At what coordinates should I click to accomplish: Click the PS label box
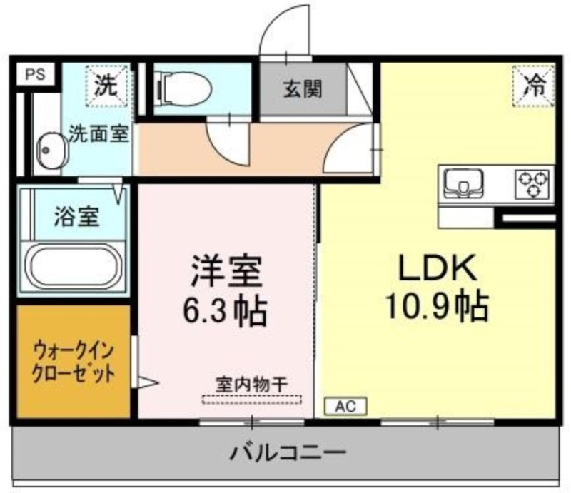click(36, 74)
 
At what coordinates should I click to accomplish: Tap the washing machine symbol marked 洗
click(106, 86)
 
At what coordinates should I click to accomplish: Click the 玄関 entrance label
click(303, 89)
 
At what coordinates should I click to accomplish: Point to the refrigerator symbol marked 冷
click(534, 86)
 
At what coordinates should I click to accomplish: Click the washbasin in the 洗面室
click(51, 151)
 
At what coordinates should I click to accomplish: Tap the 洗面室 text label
click(99, 133)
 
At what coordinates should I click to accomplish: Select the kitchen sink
click(463, 183)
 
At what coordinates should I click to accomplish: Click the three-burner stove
click(532, 184)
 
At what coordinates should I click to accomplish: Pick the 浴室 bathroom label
click(77, 217)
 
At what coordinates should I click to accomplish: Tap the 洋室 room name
click(226, 271)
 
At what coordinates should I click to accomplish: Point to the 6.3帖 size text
click(225, 312)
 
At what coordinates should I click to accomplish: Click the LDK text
click(438, 268)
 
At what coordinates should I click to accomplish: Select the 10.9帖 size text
click(437, 306)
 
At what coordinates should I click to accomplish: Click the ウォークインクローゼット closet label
click(74, 362)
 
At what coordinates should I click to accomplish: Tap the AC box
click(345, 407)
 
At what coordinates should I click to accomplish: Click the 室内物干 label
click(252, 385)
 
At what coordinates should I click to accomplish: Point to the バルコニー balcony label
click(288, 453)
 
